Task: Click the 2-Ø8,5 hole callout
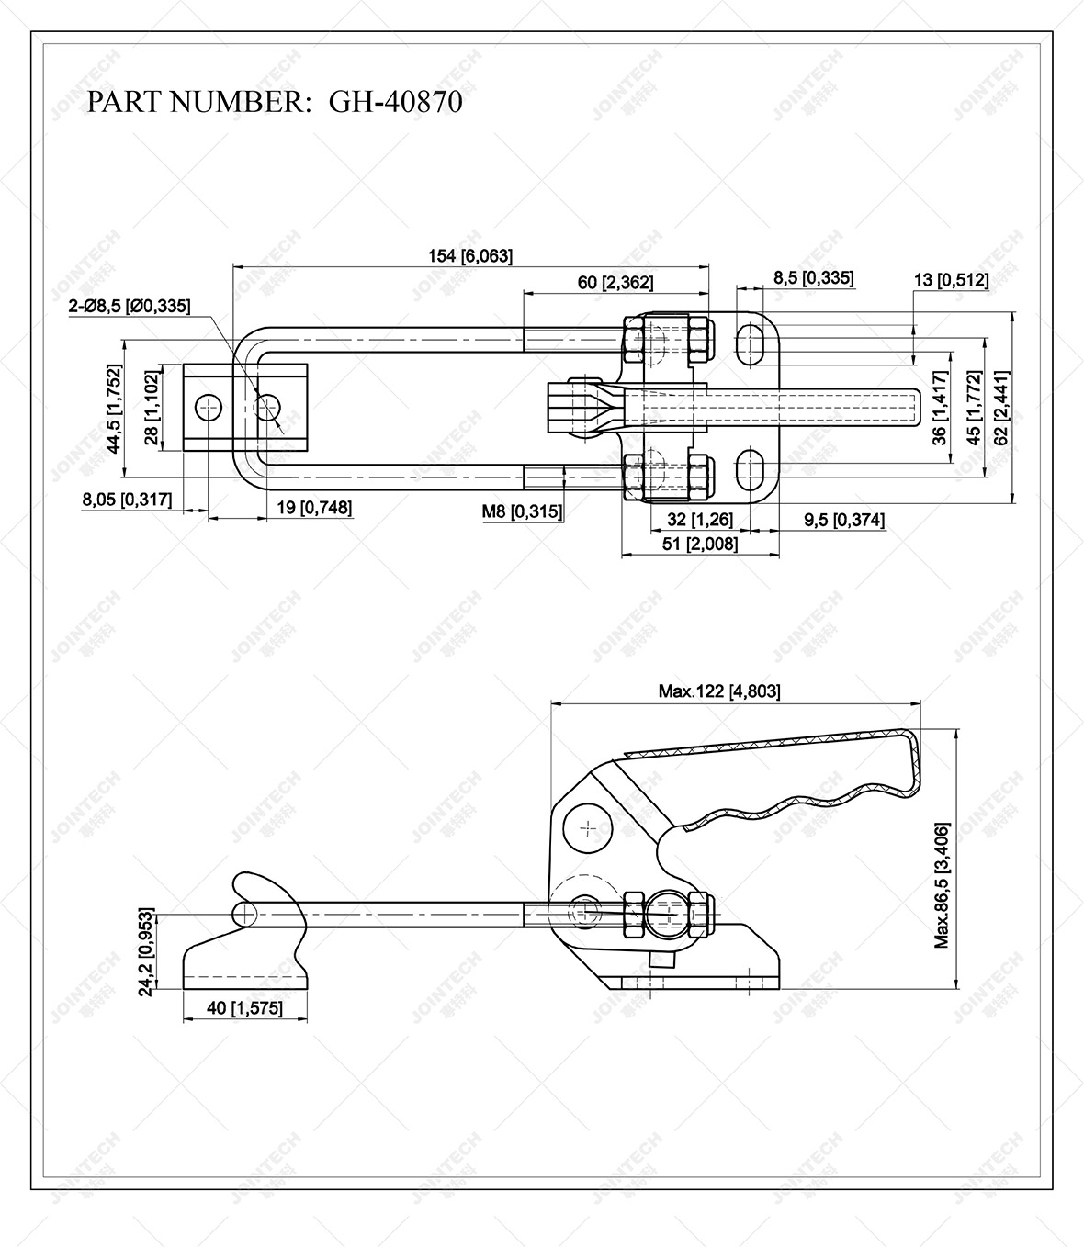click(x=130, y=307)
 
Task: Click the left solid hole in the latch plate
click(x=209, y=407)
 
